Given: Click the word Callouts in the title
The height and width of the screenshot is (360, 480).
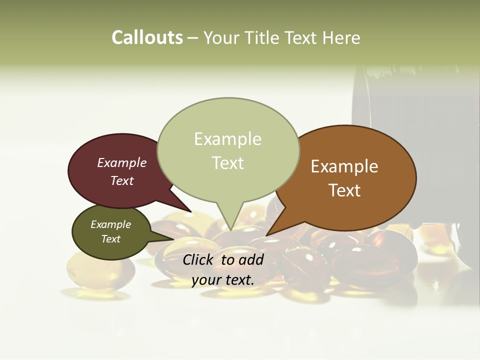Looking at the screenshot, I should click(147, 37).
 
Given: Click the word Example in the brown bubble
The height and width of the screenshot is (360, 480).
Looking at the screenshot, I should click(344, 166).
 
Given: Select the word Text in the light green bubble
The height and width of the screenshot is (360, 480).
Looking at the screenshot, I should click(228, 163).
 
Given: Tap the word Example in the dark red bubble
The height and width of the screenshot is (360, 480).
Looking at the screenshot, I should click(122, 163).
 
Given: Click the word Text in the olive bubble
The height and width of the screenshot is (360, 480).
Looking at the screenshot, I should click(111, 239).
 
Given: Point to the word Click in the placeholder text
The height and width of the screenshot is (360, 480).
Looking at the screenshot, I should click(199, 259).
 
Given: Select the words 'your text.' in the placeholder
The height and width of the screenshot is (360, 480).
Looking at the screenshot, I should click(222, 280).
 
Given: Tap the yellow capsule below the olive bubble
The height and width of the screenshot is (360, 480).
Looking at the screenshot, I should click(100, 272).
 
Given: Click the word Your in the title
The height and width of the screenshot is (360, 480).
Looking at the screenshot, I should click(223, 37).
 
